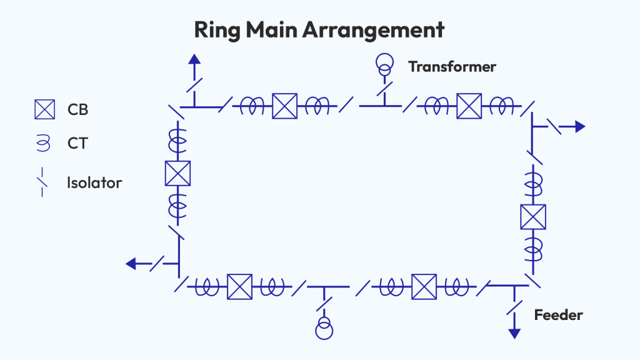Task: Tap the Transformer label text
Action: click(452, 66)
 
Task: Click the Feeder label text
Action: click(558, 315)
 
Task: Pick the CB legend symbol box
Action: click(45, 109)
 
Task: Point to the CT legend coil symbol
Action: click(42, 143)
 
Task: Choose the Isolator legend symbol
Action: click(42, 182)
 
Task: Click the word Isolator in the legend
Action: click(94, 183)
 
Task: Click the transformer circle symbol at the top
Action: click(384, 63)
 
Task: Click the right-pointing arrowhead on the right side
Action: click(580, 127)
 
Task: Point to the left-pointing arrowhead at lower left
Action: click(131, 264)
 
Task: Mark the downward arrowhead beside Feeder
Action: click(514, 333)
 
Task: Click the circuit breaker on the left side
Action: click(177, 173)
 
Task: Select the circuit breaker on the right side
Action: click(533, 217)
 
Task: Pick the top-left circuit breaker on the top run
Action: click(284, 106)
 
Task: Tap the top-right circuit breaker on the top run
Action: click(469, 106)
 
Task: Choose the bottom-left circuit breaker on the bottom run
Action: click(239, 287)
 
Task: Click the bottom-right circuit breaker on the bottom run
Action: click(424, 287)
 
